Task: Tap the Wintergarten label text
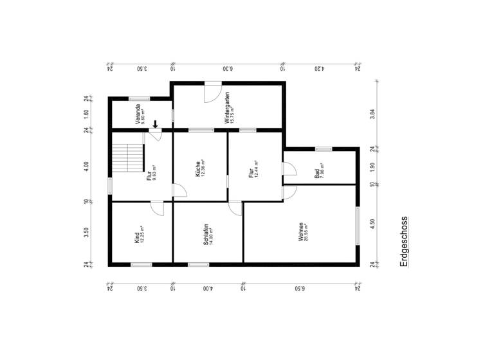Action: [227, 107]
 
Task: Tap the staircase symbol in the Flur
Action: [127, 157]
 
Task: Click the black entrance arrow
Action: [155, 123]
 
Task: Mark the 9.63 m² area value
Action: [154, 173]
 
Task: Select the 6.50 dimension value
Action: [300, 289]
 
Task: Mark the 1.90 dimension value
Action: [372, 167]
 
